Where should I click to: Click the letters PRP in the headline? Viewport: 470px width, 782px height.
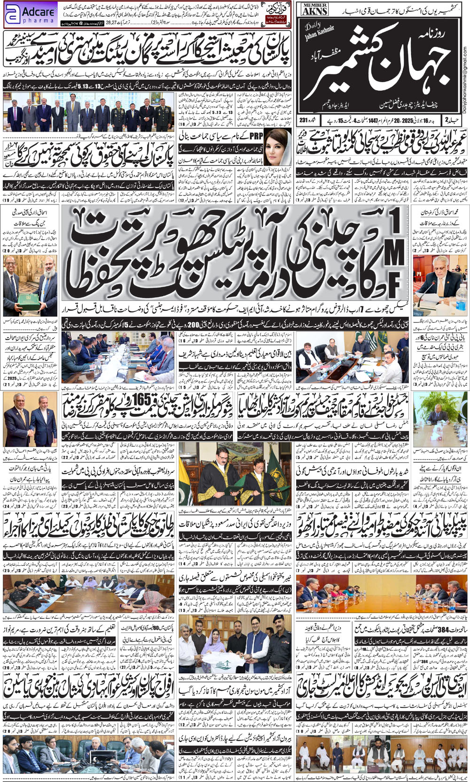(x=256, y=136)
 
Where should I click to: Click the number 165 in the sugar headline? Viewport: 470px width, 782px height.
(x=141, y=399)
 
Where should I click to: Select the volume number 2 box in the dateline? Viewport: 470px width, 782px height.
(x=446, y=120)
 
